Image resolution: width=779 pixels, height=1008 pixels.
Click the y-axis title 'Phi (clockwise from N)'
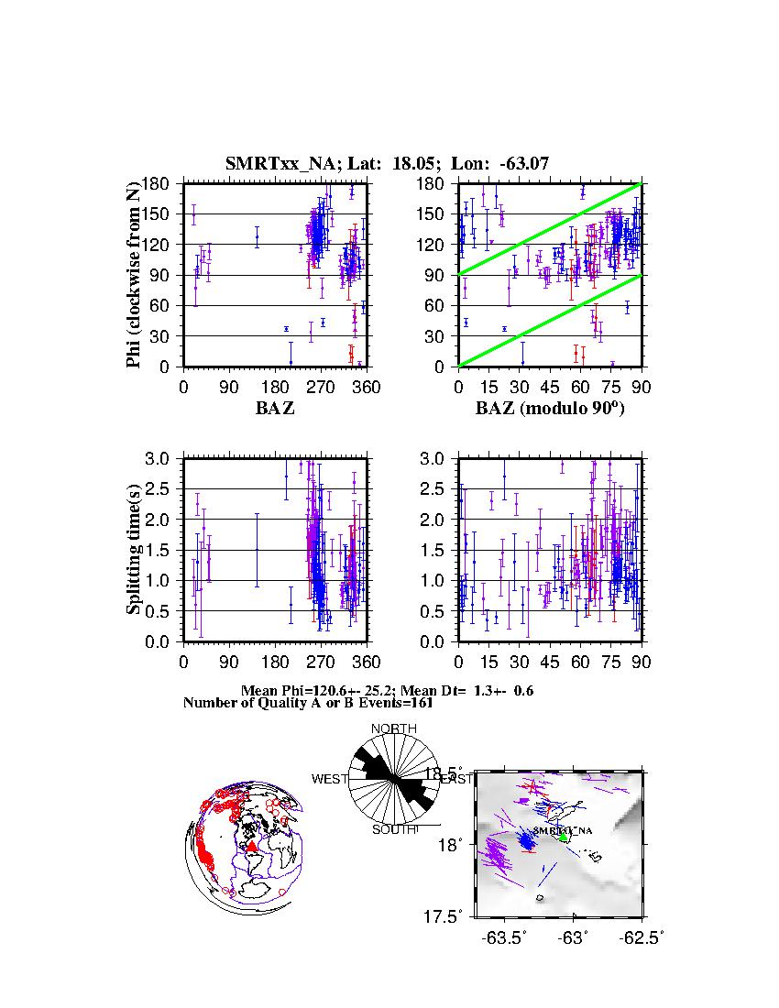pos(134,275)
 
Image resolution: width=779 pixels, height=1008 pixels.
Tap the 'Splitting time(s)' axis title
pos(134,550)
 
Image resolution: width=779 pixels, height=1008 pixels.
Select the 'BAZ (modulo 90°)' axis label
pos(549,409)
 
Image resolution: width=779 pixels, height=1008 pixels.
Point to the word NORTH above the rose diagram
pos(393,729)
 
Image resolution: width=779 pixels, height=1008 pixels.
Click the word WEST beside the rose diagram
pos(330,780)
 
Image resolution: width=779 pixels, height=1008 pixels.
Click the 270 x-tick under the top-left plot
pos(321,386)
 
